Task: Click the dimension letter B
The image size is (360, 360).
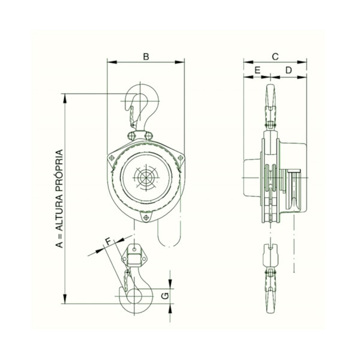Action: [x=146, y=56]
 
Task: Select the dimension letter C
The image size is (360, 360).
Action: [x=275, y=56]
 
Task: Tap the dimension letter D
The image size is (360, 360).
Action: [x=289, y=71]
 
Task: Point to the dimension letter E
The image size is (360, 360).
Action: [x=257, y=71]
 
